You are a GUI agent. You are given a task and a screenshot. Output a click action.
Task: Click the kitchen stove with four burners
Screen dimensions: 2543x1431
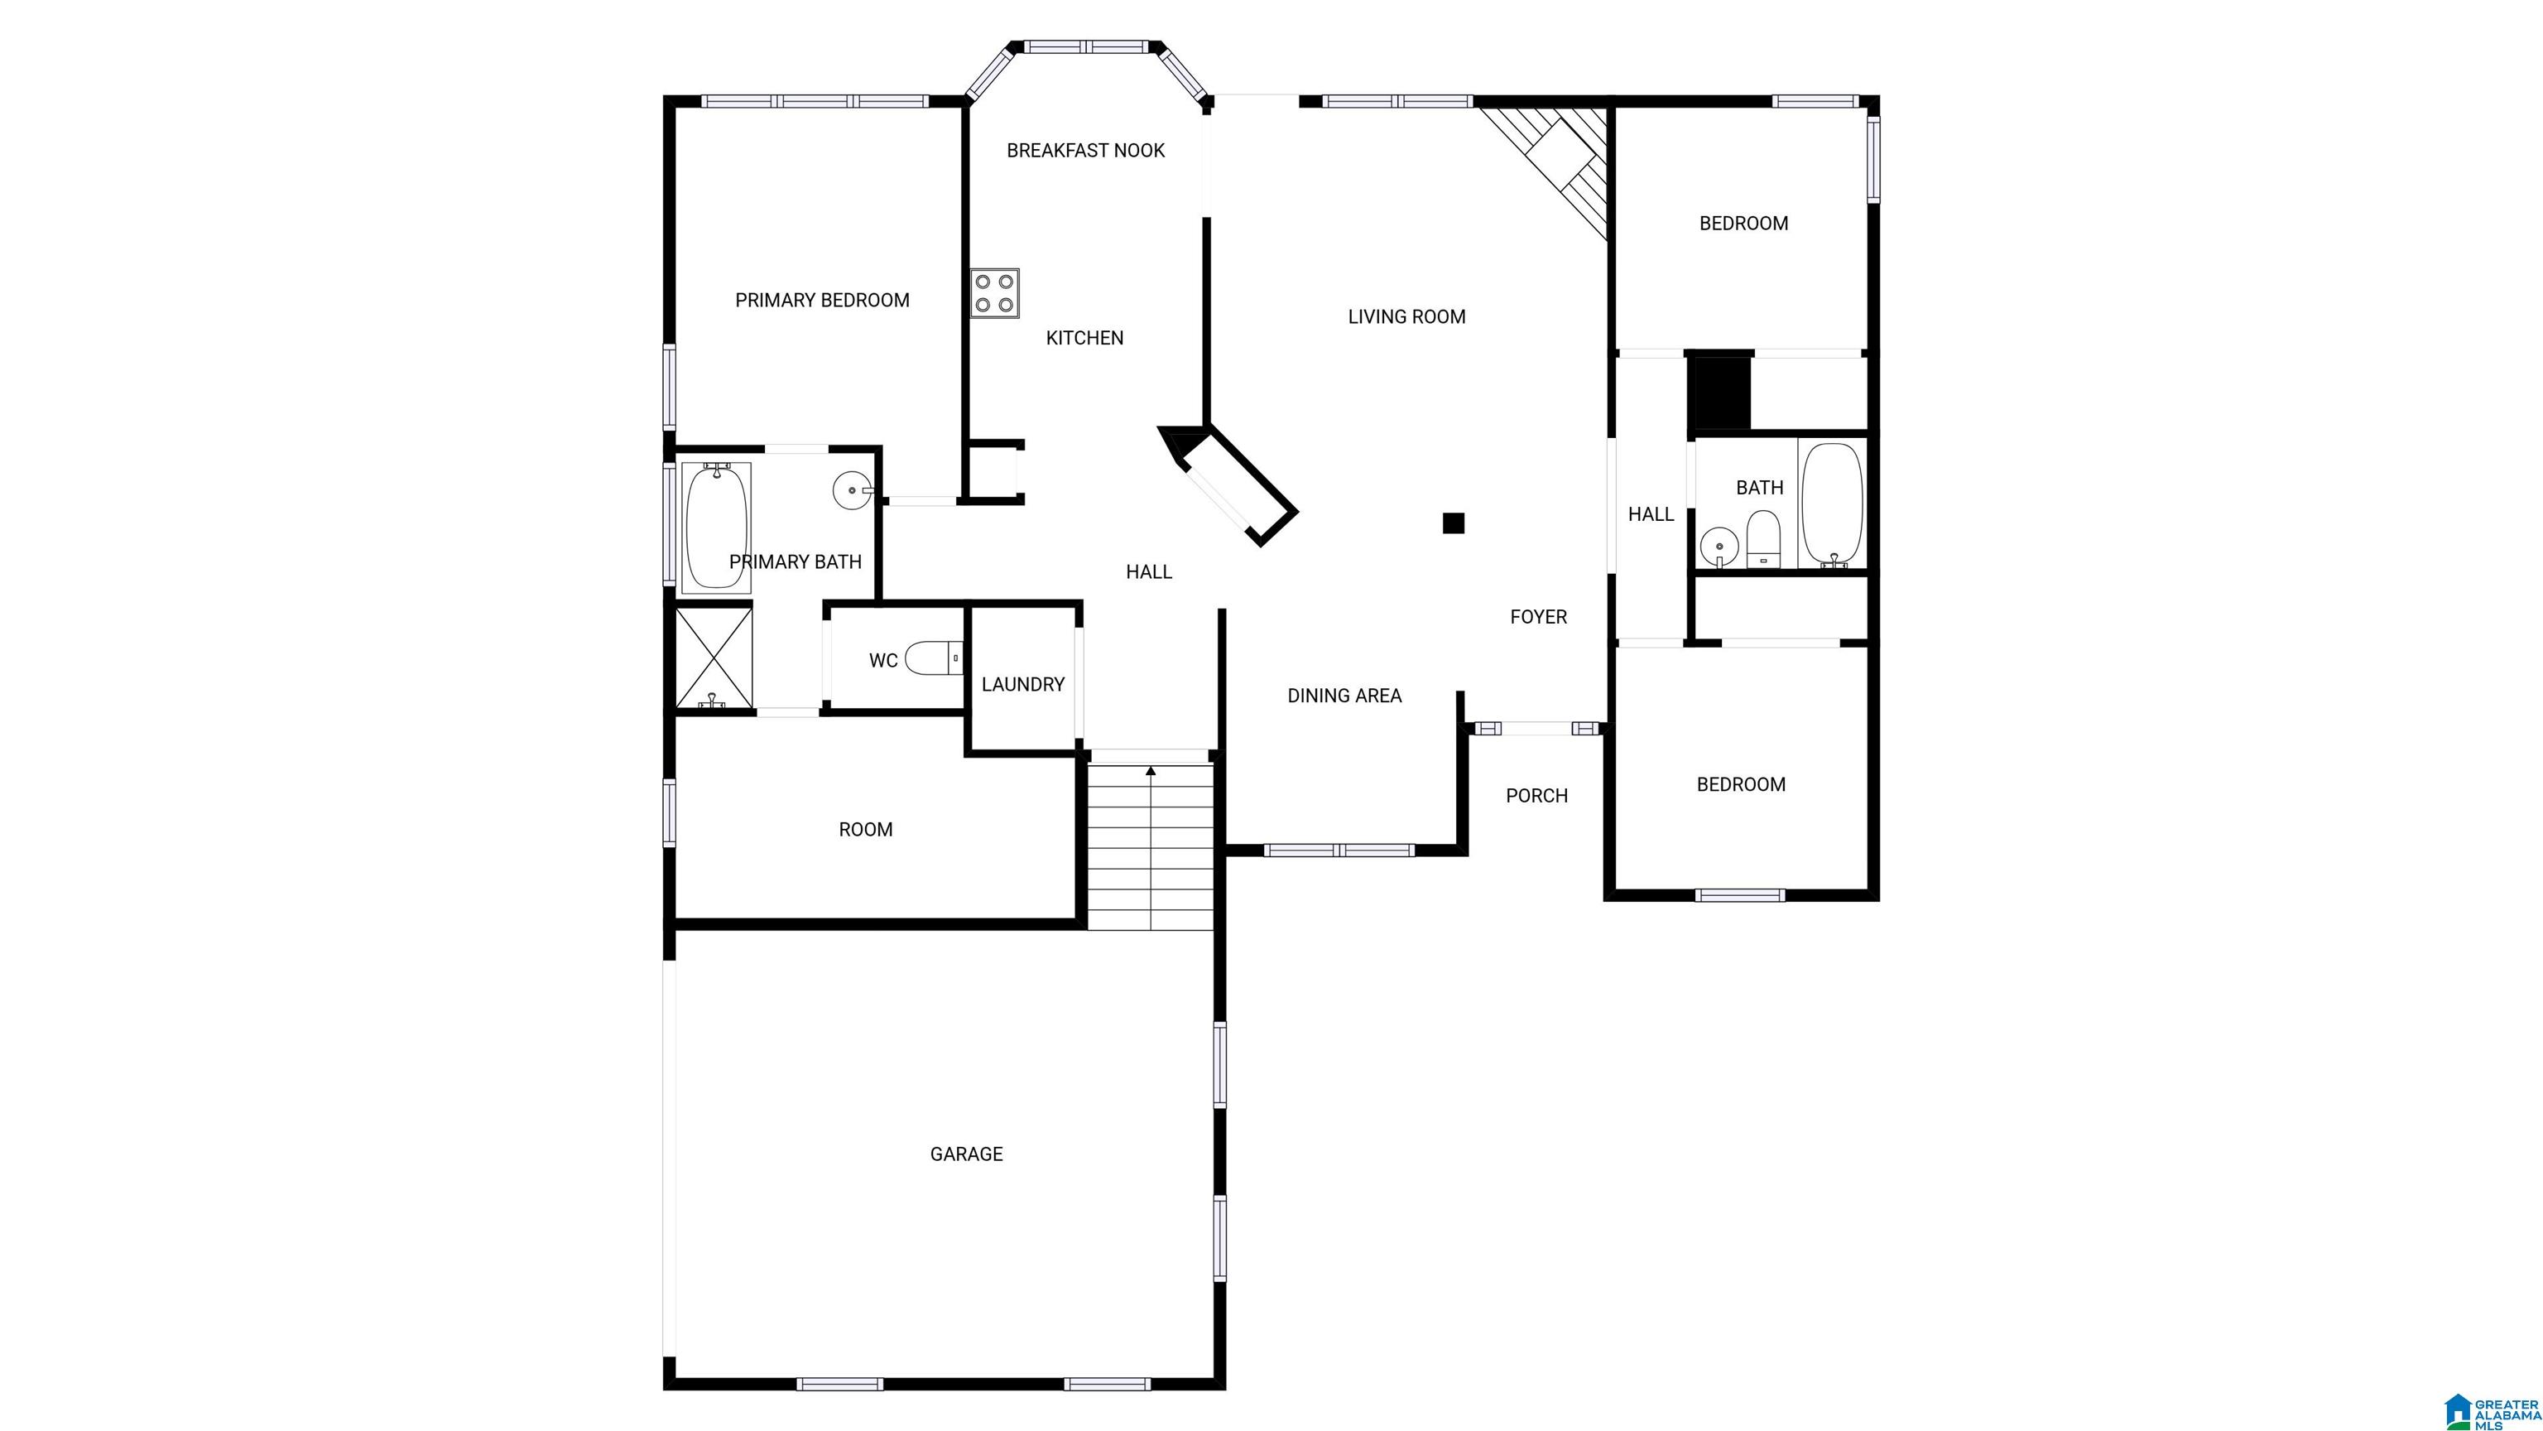click(994, 293)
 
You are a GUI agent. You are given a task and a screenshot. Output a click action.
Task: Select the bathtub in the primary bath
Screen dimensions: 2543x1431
click(717, 528)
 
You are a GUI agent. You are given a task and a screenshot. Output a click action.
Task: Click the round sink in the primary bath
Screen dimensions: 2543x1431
click(852, 490)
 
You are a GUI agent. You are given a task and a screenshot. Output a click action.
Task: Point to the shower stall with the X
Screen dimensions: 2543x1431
click(714, 658)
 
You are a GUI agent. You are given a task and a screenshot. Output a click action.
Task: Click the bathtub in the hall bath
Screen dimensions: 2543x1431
click(1832, 504)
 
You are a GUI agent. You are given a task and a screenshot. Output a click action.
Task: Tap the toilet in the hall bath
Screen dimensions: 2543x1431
click(1763, 539)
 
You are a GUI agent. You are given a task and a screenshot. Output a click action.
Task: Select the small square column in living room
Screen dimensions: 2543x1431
click(1453, 523)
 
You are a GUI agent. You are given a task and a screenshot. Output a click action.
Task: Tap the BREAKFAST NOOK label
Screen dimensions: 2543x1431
click(1086, 150)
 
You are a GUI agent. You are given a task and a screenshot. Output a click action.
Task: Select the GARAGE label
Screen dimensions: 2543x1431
click(967, 1154)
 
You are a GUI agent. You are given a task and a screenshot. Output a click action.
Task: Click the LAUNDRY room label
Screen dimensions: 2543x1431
click(1022, 683)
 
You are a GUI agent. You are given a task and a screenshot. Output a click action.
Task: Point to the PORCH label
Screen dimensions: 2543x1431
click(1537, 795)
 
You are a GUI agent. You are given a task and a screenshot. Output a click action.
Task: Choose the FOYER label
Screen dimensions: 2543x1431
click(1539, 616)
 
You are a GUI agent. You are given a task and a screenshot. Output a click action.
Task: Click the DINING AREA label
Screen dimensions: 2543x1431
click(1344, 696)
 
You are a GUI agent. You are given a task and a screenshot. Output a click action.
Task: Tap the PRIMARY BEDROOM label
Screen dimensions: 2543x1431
click(822, 299)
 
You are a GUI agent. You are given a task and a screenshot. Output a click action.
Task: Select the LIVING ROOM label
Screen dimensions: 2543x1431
click(1406, 316)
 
